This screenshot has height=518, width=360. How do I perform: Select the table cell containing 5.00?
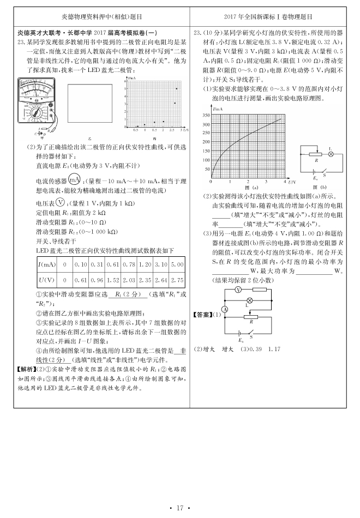coord(177,264)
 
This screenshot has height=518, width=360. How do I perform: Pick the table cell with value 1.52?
coord(114,280)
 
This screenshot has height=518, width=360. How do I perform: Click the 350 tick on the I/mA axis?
coord(206,116)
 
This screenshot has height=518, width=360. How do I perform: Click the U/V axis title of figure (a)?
coord(292,180)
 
